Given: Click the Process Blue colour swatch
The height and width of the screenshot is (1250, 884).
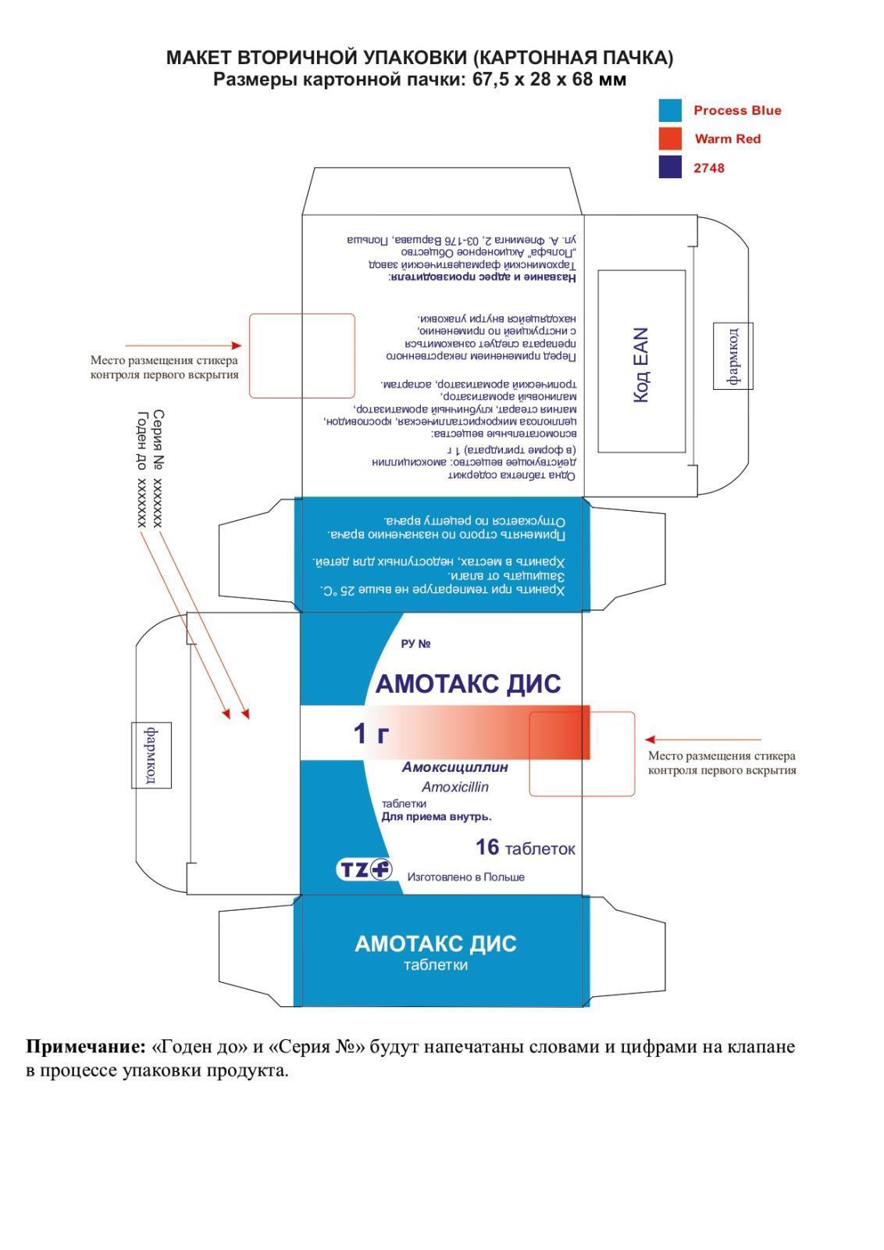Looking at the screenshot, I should (x=669, y=110).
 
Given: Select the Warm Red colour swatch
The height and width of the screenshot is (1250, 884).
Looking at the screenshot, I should (x=669, y=138).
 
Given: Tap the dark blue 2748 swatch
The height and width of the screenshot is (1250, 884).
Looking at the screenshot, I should (x=669, y=167).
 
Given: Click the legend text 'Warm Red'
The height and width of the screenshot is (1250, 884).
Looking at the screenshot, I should (x=727, y=139).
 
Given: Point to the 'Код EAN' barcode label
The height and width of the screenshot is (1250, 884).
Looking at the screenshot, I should (x=640, y=364).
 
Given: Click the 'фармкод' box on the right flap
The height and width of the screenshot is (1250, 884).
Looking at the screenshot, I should (x=733, y=355).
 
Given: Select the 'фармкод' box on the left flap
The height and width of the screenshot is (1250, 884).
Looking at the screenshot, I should (x=151, y=755).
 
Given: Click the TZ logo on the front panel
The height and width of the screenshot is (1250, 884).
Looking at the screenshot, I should (x=364, y=869).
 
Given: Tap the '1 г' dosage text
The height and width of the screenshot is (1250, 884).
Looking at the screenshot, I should (x=372, y=734).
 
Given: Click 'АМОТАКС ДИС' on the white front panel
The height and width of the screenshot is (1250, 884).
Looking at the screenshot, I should (x=468, y=684).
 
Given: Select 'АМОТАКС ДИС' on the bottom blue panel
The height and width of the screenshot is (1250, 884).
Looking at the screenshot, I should (x=435, y=944).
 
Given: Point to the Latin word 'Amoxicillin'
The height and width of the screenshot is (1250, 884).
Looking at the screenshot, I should (x=454, y=787).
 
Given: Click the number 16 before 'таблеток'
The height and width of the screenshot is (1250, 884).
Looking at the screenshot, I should (x=487, y=847).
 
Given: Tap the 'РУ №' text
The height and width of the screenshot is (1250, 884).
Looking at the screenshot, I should (x=415, y=644).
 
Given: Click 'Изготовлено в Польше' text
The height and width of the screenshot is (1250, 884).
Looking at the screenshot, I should (x=465, y=877).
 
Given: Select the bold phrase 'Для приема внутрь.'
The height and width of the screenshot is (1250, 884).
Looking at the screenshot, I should (x=436, y=817).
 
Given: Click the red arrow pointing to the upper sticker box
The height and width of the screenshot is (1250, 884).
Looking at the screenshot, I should (x=184, y=345).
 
